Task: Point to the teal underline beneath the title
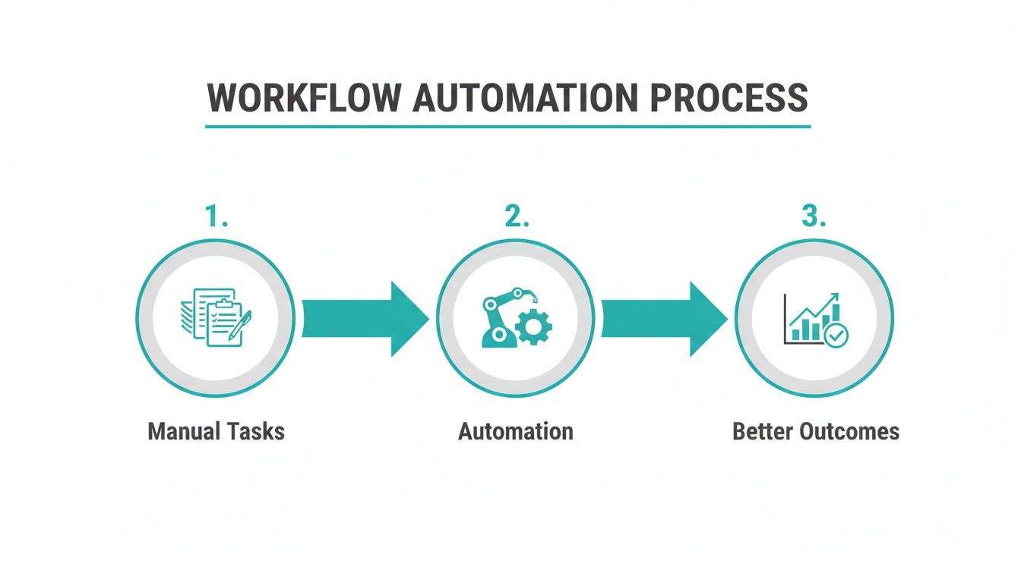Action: [507, 126]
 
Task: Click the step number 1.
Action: [216, 217]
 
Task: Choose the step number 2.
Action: [516, 217]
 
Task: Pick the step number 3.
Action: [814, 217]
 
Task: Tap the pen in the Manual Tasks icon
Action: [241, 324]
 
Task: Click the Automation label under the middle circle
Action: [516, 432]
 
